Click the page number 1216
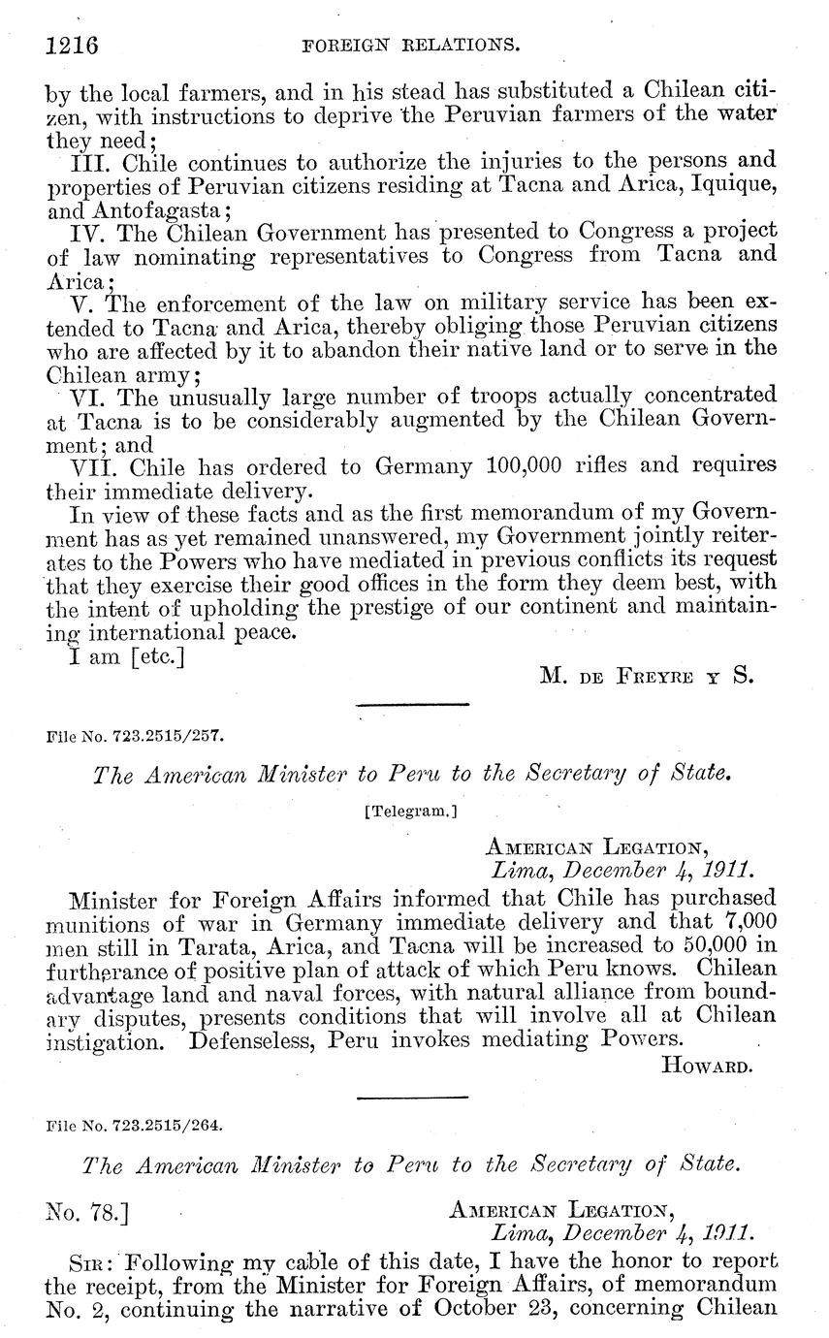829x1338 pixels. point(74,45)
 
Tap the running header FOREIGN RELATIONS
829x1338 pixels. point(414,45)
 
